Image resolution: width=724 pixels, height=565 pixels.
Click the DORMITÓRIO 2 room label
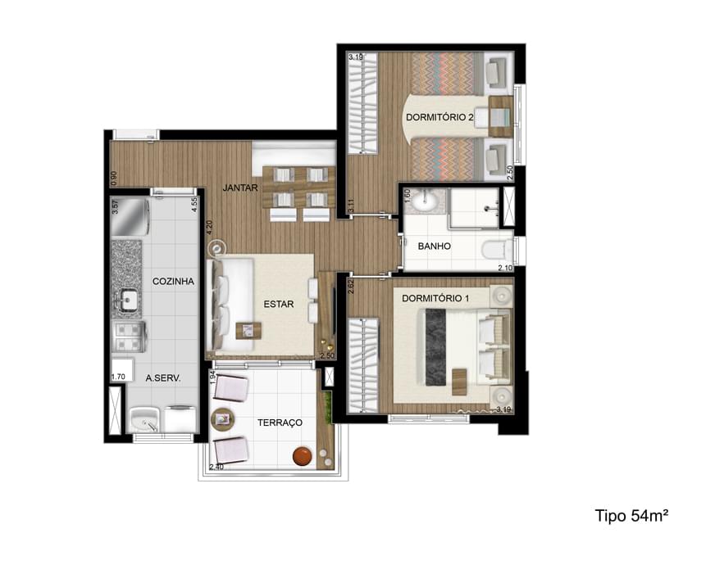pyautogui.click(x=439, y=118)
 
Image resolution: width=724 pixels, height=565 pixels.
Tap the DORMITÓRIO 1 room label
pyautogui.click(x=435, y=298)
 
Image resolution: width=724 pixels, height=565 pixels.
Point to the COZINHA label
pyautogui.click(x=173, y=281)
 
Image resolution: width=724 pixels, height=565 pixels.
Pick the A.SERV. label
pyautogui.click(x=163, y=378)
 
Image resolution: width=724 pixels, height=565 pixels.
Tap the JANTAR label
pyautogui.click(x=240, y=188)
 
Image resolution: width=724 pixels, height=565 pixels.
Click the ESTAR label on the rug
pyautogui.click(x=278, y=304)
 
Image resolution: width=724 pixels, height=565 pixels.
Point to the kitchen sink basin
pyautogui.click(x=127, y=301)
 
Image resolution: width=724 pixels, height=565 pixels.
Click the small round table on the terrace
pyautogui.click(x=222, y=420)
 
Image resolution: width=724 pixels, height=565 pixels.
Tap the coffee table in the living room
pyautogui.click(x=248, y=330)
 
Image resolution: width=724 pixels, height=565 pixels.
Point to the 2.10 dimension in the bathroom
pyautogui.click(x=503, y=266)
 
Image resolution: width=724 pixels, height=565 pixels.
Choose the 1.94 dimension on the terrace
pyautogui.click(x=212, y=378)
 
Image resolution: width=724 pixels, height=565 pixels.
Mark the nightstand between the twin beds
pyautogui.click(x=499, y=119)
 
